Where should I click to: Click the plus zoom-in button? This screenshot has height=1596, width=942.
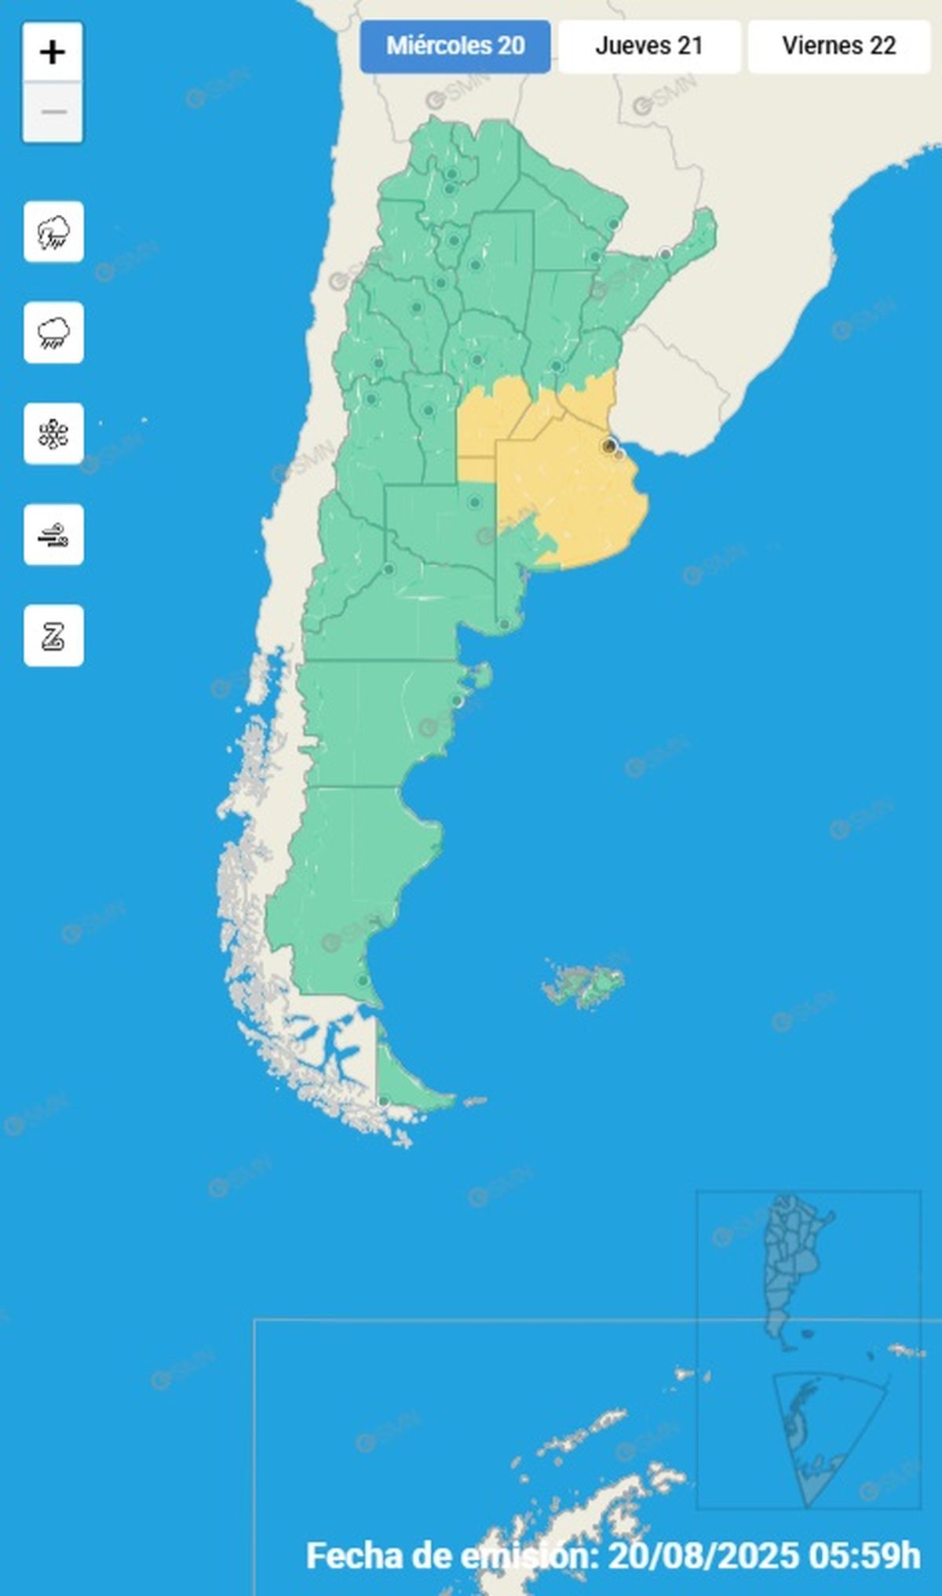click(53, 53)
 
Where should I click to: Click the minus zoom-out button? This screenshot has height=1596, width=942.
click(53, 112)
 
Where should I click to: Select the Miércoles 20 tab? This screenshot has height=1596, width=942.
click(455, 46)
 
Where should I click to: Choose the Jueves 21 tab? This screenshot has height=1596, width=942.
click(649, 46)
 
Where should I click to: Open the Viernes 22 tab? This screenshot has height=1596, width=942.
click(838, 46)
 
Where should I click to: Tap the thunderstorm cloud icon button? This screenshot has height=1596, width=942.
click(53, 232)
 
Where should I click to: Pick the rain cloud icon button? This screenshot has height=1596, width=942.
click(53, 333)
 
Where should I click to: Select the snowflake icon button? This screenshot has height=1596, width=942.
click(53, 434)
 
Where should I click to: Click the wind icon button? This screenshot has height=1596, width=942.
click(53, 535)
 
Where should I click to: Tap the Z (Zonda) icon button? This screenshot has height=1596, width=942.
click(53, 636)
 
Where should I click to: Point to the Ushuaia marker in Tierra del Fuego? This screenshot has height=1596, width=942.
click(383, 1102)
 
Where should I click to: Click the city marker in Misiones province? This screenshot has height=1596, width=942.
click(666, 253)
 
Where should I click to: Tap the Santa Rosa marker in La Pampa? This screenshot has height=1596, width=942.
click(474, 502)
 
